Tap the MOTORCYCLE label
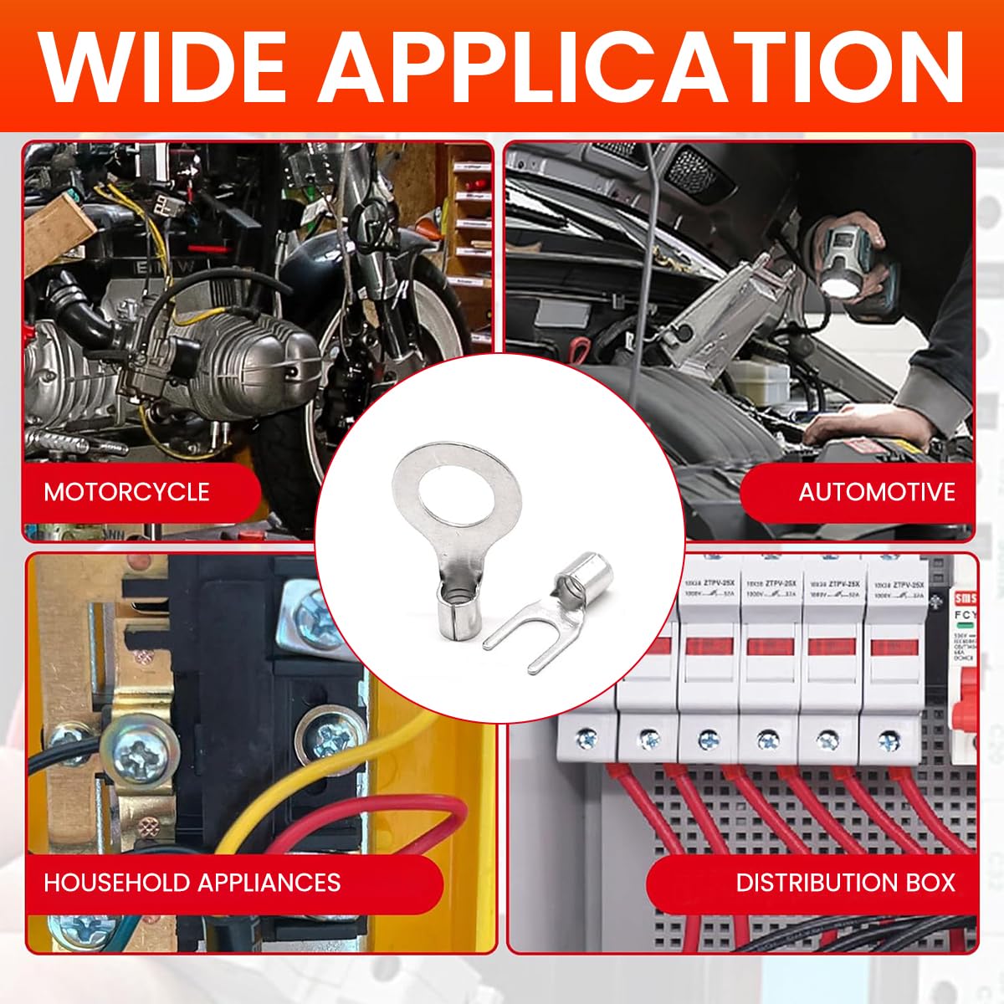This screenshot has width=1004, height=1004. pos(126,491)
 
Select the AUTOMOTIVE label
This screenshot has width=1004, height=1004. pos(876,491)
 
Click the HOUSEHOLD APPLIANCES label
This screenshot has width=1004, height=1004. pos(192,883)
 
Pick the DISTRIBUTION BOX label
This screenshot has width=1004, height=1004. pos(845,883)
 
